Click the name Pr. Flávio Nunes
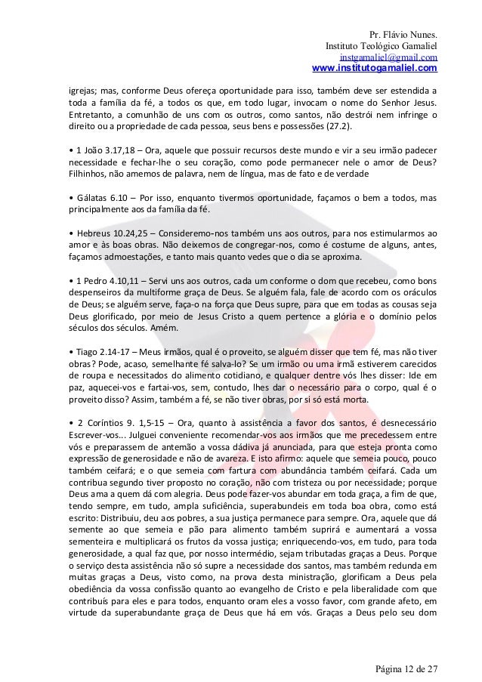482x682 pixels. [403, 35]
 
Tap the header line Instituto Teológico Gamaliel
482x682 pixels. [381, 47]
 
